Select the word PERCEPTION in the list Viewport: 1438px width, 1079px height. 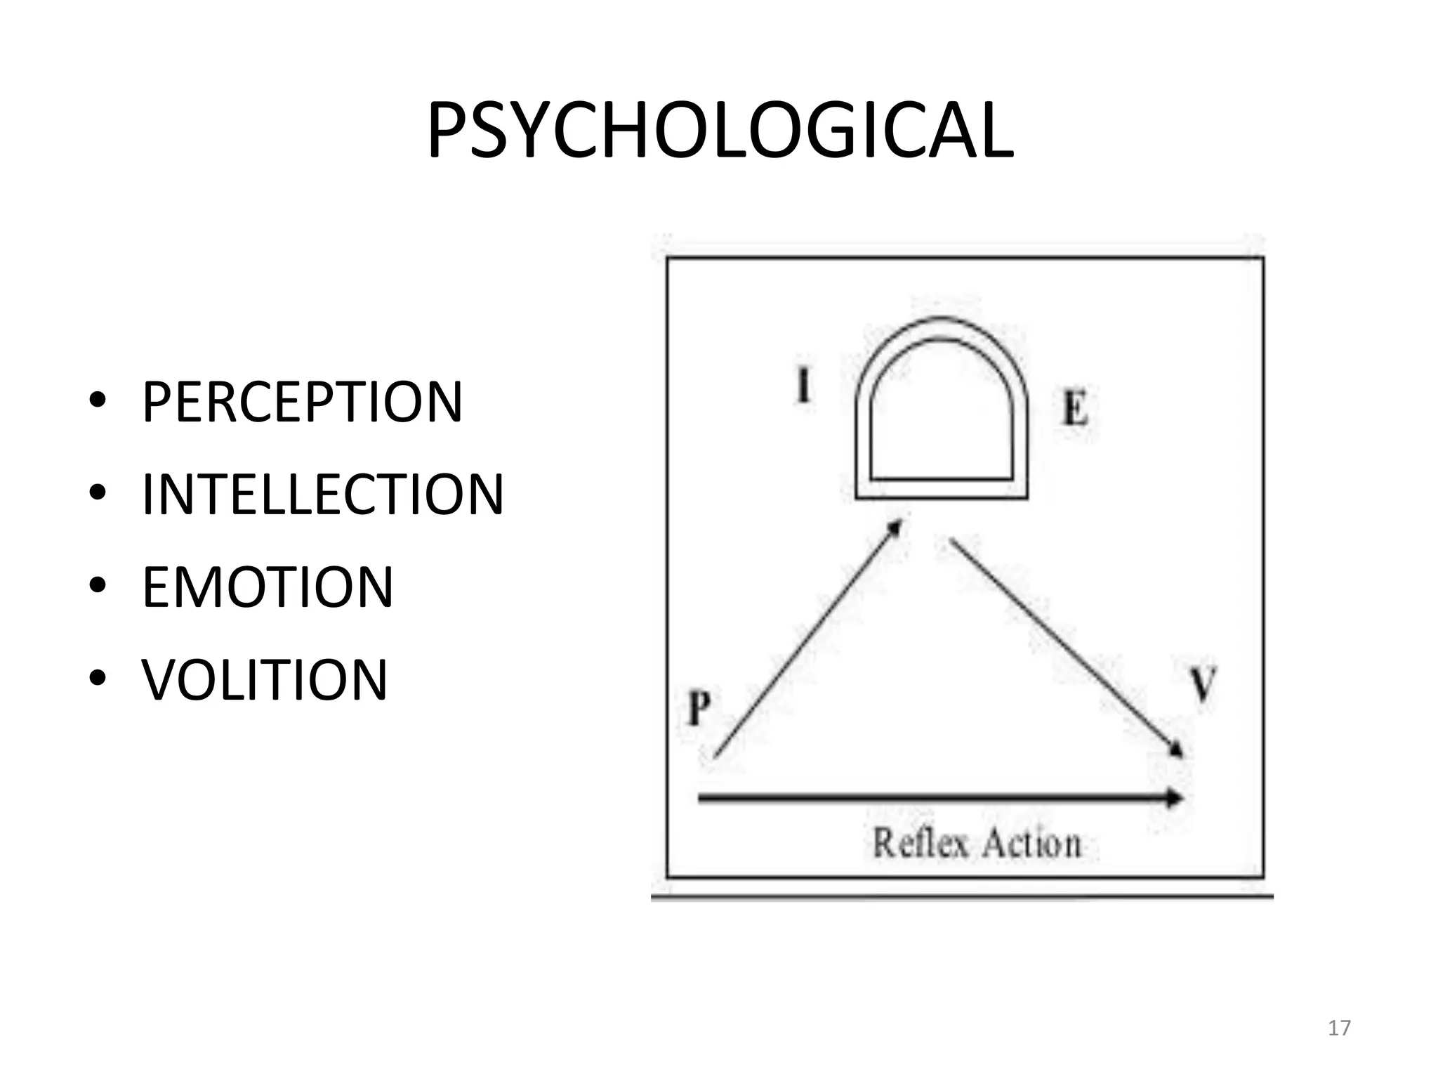[x=303, y=402]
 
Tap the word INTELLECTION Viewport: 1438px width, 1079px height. [x=323, y=495]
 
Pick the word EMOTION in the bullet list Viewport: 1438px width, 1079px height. [x=268, y=587]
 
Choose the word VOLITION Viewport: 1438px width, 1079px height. [x=265, y=680]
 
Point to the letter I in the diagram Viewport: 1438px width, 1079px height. [x=803, y=386]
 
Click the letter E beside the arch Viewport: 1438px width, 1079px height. [x=1075, y=408]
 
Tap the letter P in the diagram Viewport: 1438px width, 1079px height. [x=699, y=707]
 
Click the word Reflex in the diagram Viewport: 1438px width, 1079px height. [x=921, y=842]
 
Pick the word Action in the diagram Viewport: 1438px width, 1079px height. [x=1031, y=844]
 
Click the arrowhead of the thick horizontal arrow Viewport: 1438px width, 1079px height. [x=1175, y=798]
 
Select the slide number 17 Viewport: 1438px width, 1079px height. [x=1339, y=1028]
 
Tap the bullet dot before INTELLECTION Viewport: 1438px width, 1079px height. [x=98, y=494]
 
